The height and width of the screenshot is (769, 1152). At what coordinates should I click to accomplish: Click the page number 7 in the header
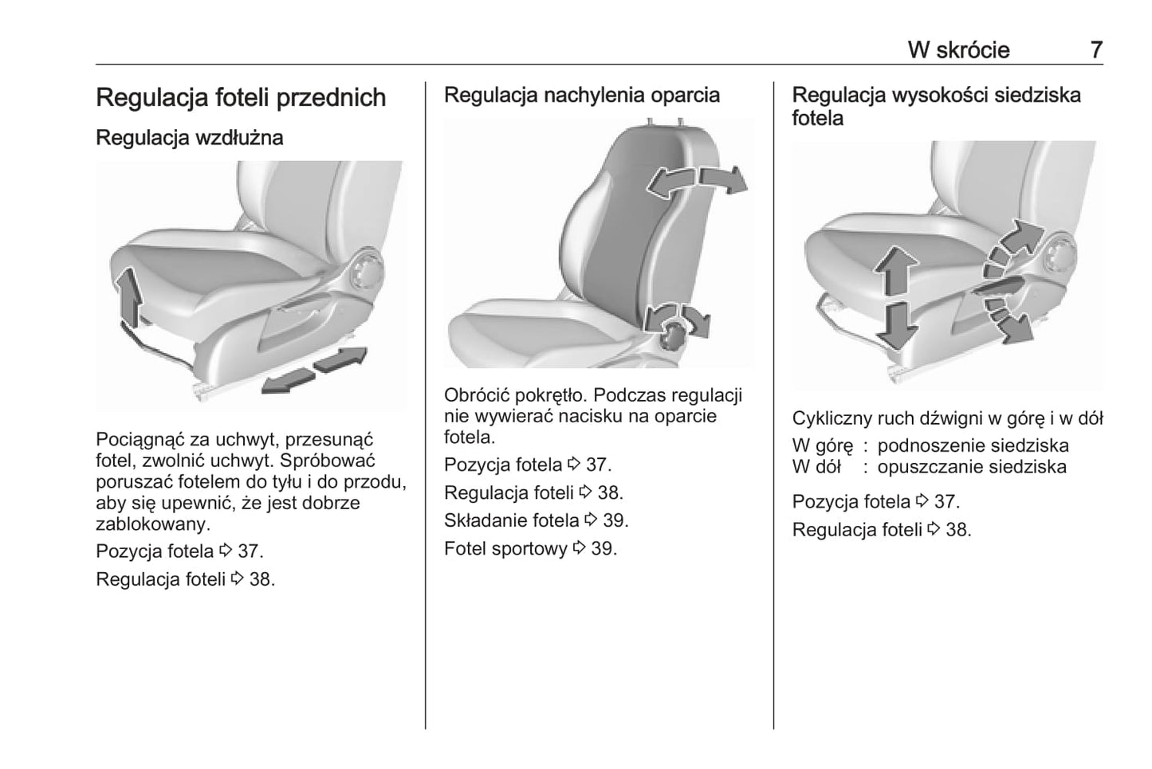pos(1096,49)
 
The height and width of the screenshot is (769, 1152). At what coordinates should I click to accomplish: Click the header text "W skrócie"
pos(958,49)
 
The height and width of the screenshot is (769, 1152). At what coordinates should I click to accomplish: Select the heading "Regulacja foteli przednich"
pos(241,97)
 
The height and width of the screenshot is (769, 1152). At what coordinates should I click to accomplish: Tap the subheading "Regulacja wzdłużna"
pos(189,137)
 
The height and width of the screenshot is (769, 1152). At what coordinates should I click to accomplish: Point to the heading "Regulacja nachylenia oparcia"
pos(581,95)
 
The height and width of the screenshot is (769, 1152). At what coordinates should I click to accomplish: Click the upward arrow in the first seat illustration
pos(128,297)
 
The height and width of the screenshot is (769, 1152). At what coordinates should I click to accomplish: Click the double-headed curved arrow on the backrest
pos(698,179)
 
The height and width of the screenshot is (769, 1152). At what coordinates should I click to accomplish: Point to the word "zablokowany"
pos(152,524)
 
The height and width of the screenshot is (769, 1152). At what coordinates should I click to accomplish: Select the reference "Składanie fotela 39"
pos(536,520)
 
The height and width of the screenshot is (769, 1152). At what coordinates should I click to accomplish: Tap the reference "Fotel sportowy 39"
pos(530,548)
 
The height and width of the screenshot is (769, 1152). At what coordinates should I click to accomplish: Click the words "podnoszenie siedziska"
pos(973,445)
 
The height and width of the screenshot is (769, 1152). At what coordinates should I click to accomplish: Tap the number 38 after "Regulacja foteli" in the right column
pos(958,530)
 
